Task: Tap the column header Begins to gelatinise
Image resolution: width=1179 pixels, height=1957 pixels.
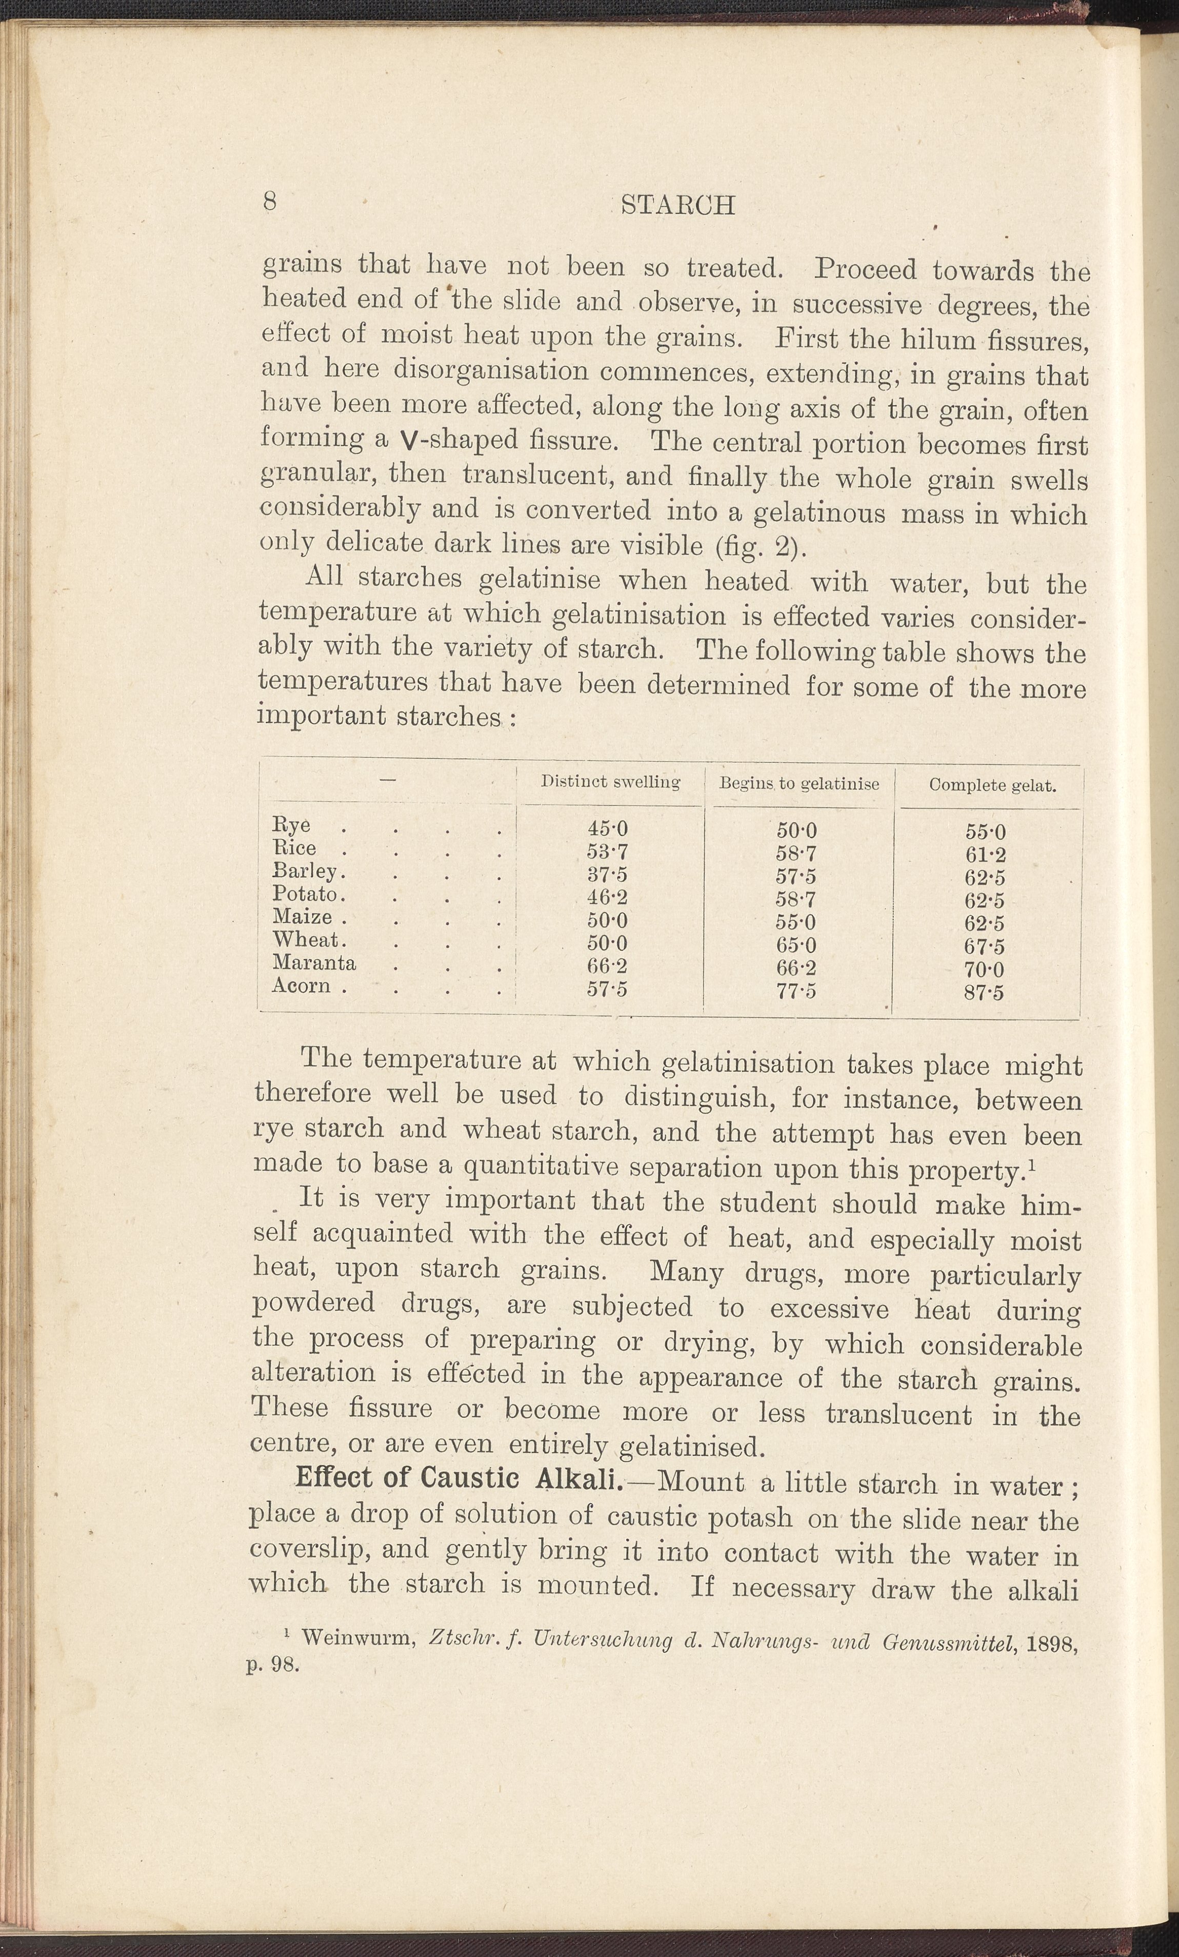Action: coord(798,783)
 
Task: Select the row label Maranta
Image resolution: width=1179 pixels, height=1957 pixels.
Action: coord(314,963)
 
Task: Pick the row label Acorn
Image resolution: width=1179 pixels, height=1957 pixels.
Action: coord(301,985)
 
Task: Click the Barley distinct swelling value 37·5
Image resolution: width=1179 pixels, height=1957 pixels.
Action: coord(607,875)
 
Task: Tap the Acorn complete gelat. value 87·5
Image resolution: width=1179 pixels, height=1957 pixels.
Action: coord(985,992)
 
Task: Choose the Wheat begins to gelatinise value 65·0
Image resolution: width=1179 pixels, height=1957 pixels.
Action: coord(796,945)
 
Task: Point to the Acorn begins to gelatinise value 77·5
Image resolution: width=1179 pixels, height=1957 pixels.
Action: coord(796,991)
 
